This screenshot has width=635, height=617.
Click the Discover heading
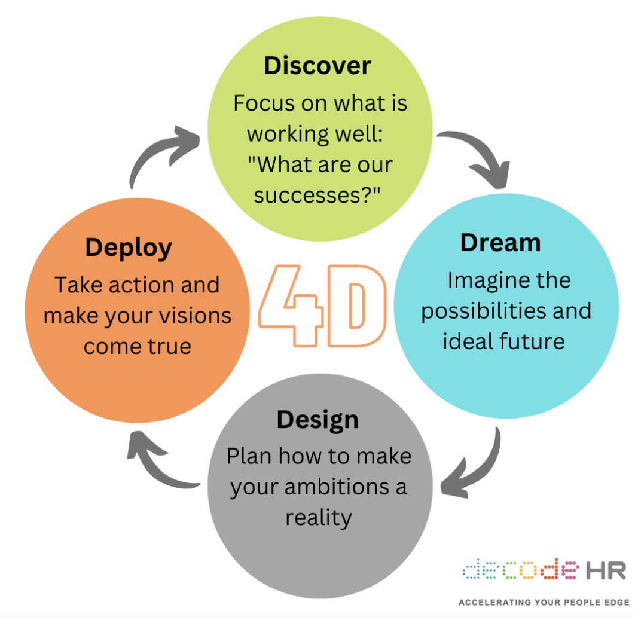[x=317, y=65]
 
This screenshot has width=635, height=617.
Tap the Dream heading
[x=500, y=242]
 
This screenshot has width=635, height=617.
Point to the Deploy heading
[x=129, y=247]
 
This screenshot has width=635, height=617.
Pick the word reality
[x=317, y=517]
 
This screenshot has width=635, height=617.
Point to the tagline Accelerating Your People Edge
[x=544, y=602]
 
